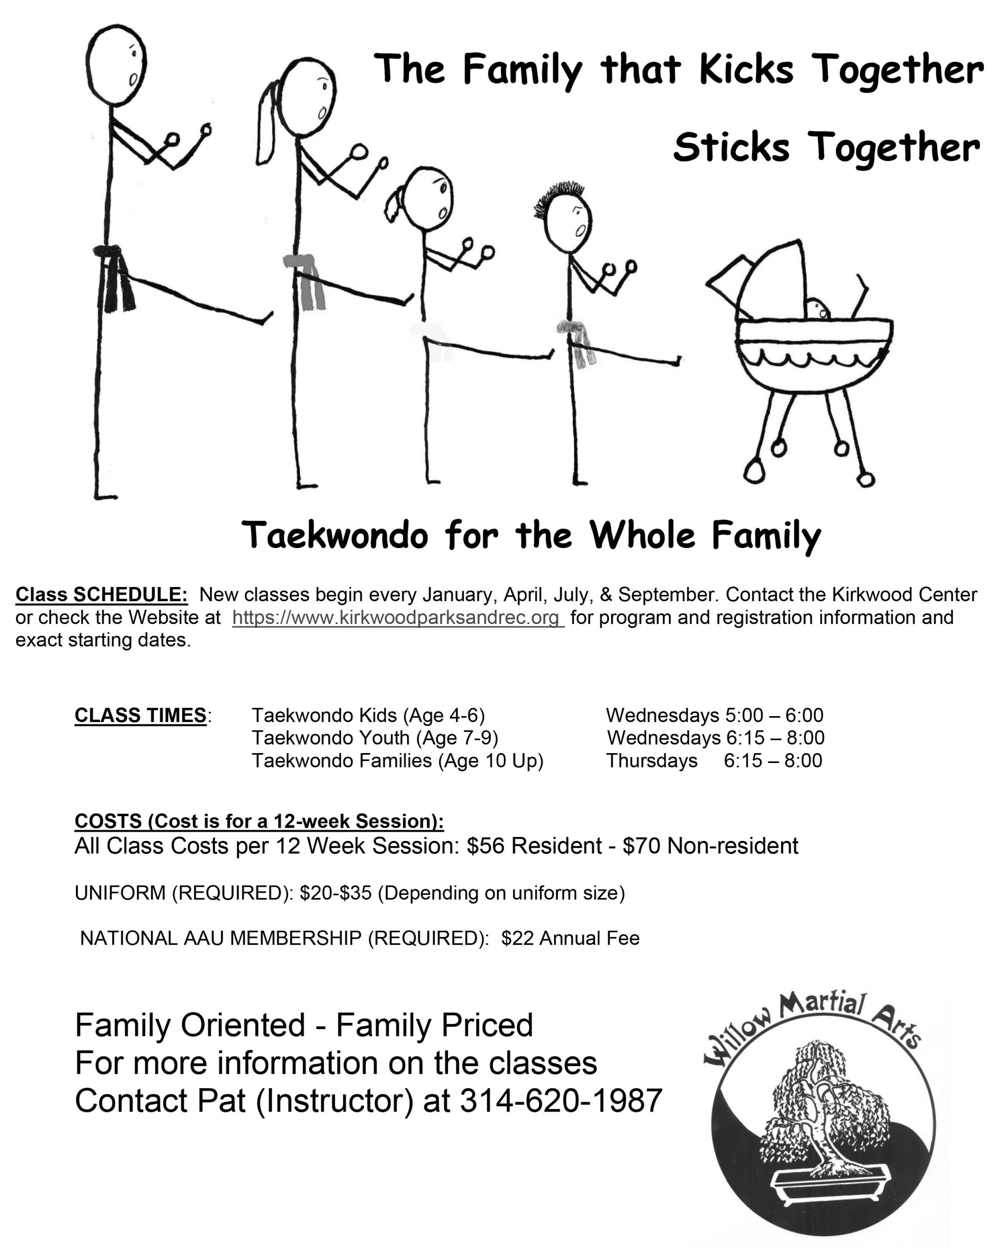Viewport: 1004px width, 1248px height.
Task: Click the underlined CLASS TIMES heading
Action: [141, 716]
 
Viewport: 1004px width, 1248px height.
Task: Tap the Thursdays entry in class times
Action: [651, 760]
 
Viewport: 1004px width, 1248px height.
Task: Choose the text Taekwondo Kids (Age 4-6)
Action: [368, 716]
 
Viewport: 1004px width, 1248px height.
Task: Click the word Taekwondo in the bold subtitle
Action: [335, 535]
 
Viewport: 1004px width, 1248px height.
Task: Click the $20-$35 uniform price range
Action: [336, 893]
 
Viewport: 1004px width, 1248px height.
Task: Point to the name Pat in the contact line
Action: [221, 1100]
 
